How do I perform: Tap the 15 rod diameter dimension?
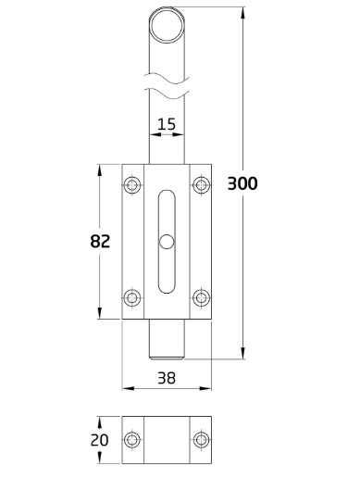(167, 123)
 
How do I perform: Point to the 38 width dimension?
(167, 378)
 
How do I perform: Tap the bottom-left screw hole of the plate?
(133, 297)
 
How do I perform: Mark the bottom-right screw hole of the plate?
(200, 297)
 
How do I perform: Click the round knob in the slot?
(166, 243)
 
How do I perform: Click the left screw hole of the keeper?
(133, 439)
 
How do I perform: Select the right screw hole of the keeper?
(200, 439)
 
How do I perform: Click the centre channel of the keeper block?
(167, 439)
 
